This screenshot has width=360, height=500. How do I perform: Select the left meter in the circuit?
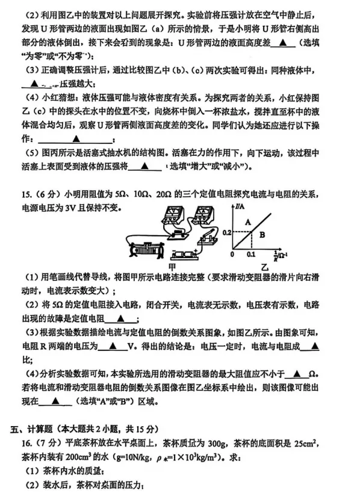tap(167, 217)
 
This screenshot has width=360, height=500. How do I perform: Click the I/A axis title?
tap(242, 207)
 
